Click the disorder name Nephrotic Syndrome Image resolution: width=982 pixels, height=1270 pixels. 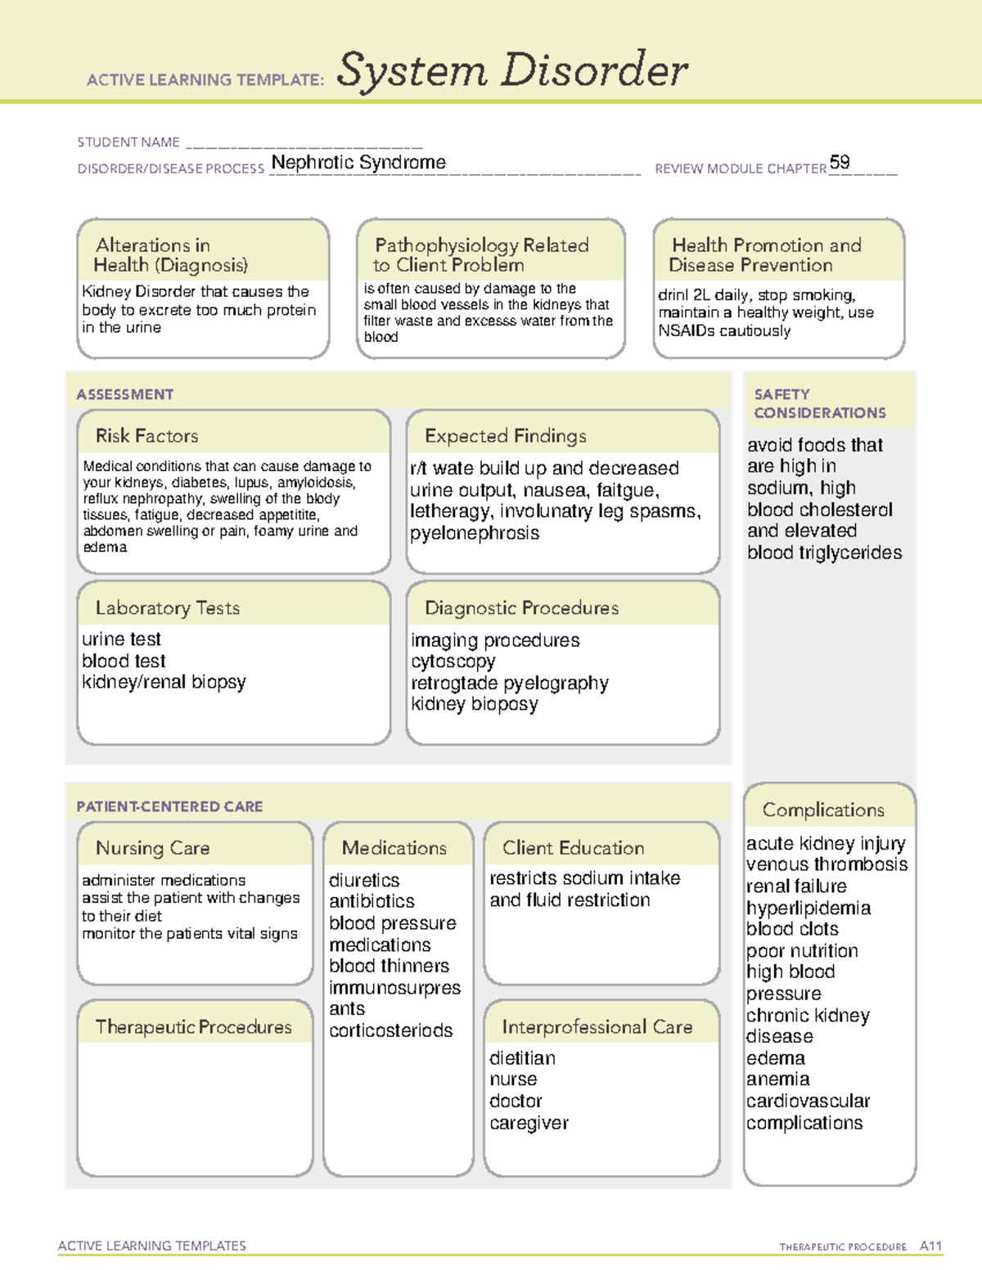358,162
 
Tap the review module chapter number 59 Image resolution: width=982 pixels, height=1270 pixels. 839,162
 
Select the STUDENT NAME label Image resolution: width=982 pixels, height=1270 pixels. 128,142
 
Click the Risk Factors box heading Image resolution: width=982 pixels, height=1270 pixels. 147,436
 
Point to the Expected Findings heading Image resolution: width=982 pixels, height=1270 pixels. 505,436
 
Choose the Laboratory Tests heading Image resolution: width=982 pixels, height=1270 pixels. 168,608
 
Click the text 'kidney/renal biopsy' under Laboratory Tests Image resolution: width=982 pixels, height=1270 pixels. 164,682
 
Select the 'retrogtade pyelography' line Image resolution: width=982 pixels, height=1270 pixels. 509,683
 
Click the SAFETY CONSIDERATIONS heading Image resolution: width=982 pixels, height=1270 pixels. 819,403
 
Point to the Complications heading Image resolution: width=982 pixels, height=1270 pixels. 823,810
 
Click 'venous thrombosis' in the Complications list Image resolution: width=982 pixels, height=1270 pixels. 827,864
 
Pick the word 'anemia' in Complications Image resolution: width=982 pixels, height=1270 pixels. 777,1079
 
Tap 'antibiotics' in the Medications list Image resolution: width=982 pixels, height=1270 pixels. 372,901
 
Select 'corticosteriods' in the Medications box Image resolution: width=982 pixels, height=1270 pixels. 390,1030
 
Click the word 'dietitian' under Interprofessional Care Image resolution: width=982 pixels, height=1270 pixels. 522,1058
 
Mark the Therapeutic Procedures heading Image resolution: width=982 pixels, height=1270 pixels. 193,1027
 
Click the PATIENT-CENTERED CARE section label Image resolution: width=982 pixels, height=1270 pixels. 169,806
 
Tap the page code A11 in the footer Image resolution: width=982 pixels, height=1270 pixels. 930,1246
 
